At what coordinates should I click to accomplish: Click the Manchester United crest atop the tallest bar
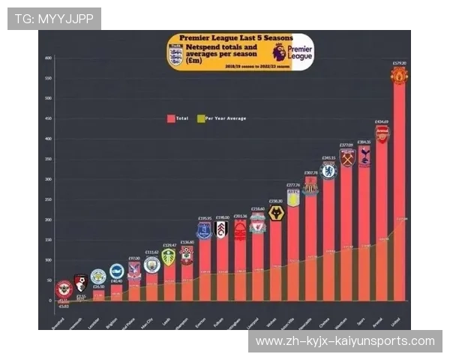399,76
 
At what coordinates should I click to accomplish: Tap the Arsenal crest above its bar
382,134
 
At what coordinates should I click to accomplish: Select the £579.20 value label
399,63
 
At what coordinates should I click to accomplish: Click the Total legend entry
178,118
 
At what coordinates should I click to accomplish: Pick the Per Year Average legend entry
221,118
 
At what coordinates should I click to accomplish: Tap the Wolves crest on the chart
275,213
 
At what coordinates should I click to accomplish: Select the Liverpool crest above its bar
257,224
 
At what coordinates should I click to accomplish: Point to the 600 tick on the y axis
48,58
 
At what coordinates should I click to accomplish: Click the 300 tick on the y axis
48,179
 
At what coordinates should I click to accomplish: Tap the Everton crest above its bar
204,230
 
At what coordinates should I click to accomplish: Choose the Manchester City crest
151,265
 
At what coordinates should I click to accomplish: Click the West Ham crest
346,157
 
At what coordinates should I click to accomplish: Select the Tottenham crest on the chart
364,154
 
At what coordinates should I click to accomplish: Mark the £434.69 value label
382,121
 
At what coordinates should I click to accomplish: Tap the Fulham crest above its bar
221,229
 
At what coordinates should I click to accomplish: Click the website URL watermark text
345,341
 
